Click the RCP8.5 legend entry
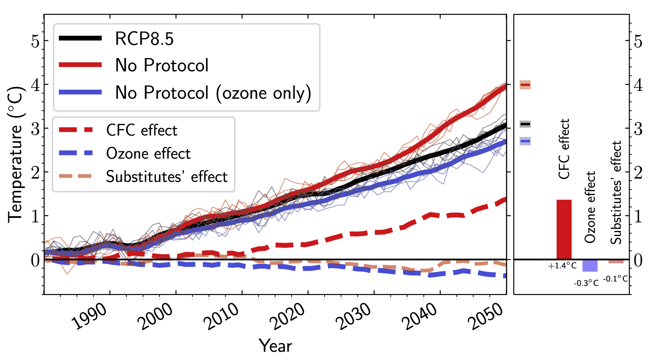(144, 39)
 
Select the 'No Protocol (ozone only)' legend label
(213, 93)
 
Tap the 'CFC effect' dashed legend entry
(142, 130)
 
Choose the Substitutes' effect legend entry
(166, 177)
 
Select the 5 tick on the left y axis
(35, 42)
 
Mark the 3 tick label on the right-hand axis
(638, 129)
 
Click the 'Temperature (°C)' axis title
(16, 155)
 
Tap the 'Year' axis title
(275, 346)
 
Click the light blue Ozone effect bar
(590, 266)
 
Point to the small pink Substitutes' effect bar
(616, 262)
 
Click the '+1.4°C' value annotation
(562, 266)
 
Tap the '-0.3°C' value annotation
(586, 283)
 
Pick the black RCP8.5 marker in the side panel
(525, 124)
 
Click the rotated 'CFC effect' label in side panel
(564, 149)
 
